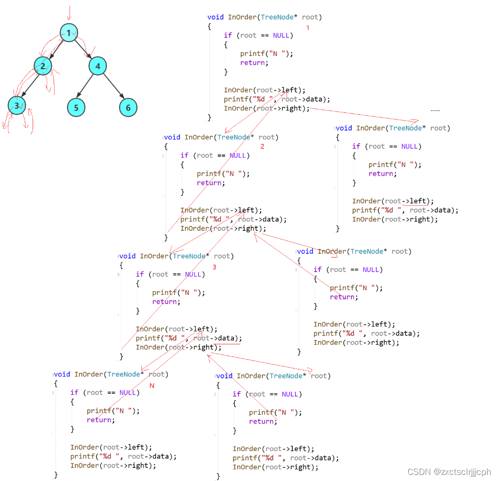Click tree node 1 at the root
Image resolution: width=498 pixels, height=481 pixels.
69,33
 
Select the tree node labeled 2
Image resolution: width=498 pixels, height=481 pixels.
42,66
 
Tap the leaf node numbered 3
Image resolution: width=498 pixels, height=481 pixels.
17,106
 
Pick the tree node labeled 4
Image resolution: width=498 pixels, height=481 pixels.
98,66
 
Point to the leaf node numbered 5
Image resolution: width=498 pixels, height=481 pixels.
76,108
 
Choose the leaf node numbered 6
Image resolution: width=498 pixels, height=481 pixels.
128,108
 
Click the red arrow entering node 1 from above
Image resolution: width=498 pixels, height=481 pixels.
69,14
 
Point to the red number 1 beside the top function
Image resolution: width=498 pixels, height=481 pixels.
308,28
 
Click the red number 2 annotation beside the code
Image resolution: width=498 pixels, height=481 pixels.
262,146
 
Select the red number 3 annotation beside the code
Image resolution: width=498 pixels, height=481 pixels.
215,267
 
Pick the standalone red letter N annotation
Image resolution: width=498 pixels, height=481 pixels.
152,386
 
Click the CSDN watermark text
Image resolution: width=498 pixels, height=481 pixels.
449,472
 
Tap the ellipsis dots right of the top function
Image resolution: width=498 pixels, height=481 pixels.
435,110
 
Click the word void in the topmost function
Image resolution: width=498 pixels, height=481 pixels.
216,17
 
